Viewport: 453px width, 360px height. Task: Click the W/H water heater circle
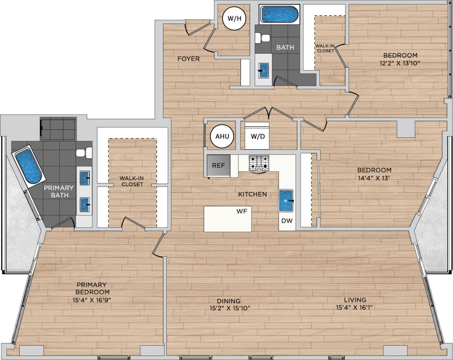point(234,18)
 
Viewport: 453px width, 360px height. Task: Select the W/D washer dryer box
point(257,136)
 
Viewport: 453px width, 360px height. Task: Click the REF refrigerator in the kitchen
point(218,166)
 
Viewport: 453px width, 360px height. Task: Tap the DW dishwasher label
point(287,221)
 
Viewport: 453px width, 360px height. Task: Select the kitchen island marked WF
point(228,219)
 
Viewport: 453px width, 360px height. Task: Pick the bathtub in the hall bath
point(280,15)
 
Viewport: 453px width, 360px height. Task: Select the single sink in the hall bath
point(263,70)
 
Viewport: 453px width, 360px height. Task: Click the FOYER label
point(189,59)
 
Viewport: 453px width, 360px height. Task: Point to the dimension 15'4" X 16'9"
point(92,300)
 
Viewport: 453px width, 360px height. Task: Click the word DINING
point(229,301)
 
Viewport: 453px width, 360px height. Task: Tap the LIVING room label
point(355,300)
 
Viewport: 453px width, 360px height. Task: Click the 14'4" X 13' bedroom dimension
point(374,177)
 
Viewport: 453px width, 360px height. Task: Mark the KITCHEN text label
point(252,194)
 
